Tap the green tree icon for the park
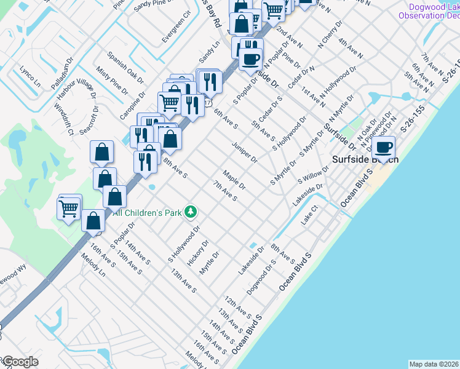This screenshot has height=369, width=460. point(191,212)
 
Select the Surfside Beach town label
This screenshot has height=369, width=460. point(365,159)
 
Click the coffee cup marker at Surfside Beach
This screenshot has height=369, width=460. point(384,148)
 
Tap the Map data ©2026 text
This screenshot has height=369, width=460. point(434,364)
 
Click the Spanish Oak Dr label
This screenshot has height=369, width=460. point(125,66)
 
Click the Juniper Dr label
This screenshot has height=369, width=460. point(244,152)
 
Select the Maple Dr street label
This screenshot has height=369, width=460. point(234,180)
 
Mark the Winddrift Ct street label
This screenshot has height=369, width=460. point(63,119)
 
